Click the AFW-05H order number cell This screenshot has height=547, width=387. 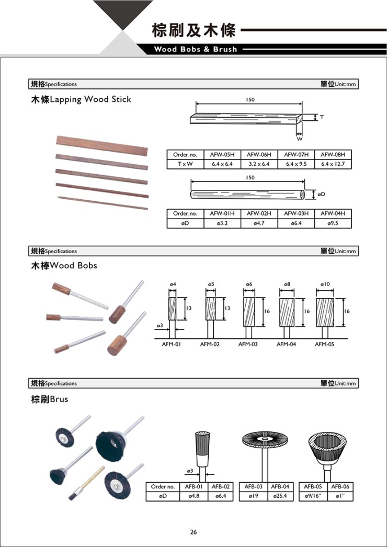pos(222,155)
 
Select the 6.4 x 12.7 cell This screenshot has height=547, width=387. pos(333,164)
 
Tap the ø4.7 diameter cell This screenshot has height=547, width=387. pos(259,223)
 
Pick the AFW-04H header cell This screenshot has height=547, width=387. pos(333,213)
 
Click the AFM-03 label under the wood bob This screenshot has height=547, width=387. pos(248,345)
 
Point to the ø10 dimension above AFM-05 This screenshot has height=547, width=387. pos(326,283)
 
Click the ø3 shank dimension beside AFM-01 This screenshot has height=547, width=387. pos(161,325)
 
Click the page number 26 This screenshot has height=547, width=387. pos(193,532)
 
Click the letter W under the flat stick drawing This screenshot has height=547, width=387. pos(299,139)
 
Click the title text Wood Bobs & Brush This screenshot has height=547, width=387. pos(195,49)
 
